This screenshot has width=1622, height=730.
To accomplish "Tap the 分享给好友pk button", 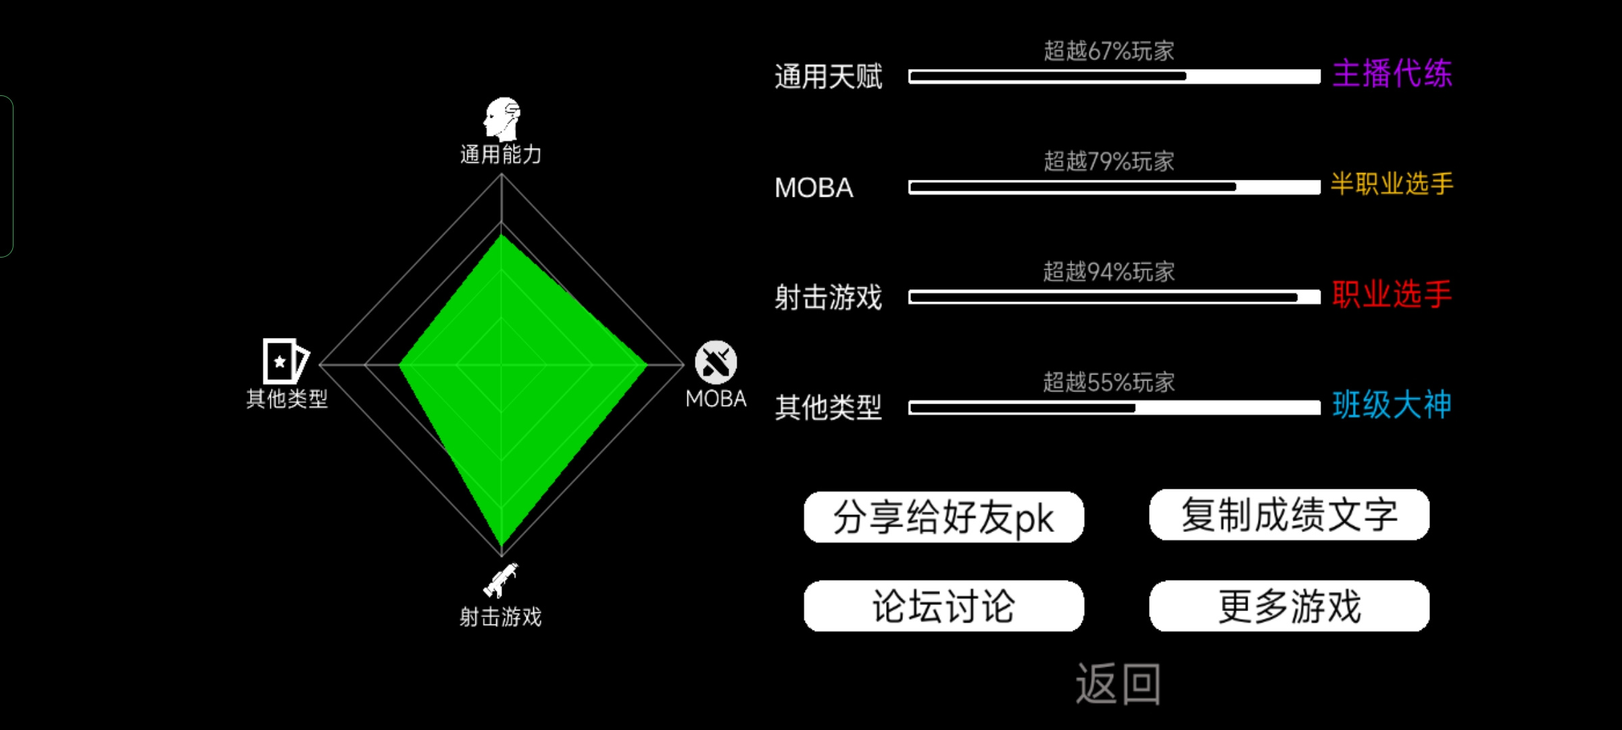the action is tap(943, 517).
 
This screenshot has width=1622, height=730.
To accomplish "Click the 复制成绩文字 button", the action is tap(1289, 515).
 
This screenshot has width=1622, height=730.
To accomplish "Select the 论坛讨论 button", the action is tap(943, 606).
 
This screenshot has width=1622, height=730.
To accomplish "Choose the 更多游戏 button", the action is tap(1289, 606).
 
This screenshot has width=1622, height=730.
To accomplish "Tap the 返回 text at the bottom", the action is tap(1119, 684).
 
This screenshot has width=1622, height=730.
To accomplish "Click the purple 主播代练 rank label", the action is tap(1392, 73).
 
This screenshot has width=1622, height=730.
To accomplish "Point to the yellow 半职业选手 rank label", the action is tap(1392, 184).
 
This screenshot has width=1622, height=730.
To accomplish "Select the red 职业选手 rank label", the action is tap(1392, 295).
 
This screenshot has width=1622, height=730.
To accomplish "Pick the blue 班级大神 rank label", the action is tap(1392, 405).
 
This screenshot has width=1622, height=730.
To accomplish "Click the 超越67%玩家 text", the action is tap(1109, 51).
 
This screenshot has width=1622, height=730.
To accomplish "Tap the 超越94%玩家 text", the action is tap(1109, 272).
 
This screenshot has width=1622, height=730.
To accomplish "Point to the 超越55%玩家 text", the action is tap(1109, 383).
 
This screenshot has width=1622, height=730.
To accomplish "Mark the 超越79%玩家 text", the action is tap(1109, 162).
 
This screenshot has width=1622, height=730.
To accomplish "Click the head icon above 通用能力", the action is tap(501, 119).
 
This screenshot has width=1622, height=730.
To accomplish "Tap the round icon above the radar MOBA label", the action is tap(716, 362).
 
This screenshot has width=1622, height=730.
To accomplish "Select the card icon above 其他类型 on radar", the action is tap(285, 361).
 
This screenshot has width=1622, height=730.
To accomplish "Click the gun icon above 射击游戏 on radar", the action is tap(501, 580).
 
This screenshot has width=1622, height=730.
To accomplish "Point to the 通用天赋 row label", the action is tap(829, 77).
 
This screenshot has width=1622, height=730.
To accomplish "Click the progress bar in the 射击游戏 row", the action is tap(1114, 297).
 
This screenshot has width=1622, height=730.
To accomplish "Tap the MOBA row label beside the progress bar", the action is tap(814, 188).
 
